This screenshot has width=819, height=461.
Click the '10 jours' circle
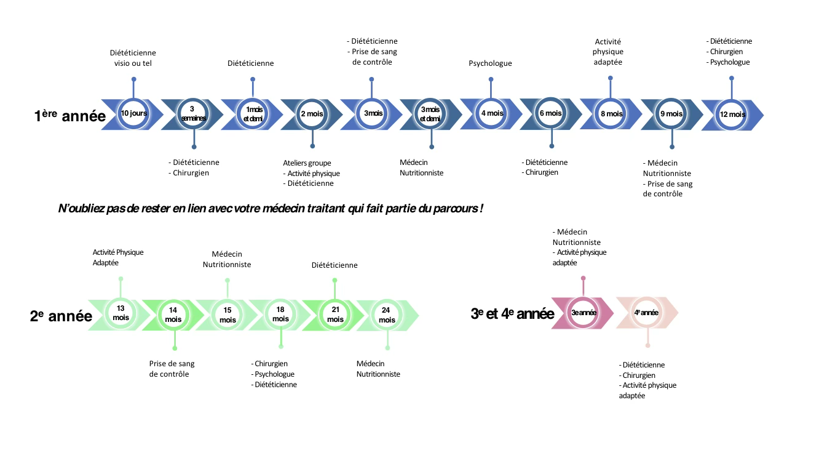pyautogui.click(x=133, y=113)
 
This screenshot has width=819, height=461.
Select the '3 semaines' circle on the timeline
pyautogui.click(x=193, y=113)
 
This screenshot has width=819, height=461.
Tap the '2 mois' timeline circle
pyautogui.click(x=312, y=114)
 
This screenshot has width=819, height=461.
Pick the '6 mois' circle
pyautogui.click(x=550, y=113)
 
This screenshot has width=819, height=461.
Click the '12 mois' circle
pyautogui.click(x=732, y=114)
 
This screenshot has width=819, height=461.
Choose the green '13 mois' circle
pyautogui.click(x=121, y=313)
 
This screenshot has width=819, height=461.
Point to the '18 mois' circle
pyautogui.click(x=280, y=315)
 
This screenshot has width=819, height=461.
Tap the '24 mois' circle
pyautogui.click(x=387, y=315)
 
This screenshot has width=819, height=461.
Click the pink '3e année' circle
pyautogui.click(x=584, y=313)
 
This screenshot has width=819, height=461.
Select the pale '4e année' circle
pyautogui.click(x=646, y=313)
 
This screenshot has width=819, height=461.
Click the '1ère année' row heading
pyautogui.click(x=70, y=115)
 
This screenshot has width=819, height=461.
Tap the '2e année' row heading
pyautogui.click(x=61, y=316)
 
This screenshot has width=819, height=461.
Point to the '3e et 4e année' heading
pyautogui.click(x=512, y=313)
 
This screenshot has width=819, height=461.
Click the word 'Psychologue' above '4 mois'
pyautogui.click(x=490, y=63)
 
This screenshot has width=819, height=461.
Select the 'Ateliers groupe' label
pyautogui.click(x=307, y=163)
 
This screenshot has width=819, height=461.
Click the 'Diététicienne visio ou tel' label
pyautogui.click(x=133, y=58)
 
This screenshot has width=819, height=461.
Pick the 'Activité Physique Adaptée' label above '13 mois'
pyautogui.click(x=118, y=257)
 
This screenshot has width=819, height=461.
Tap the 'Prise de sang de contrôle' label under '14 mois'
pyautogui.click(x=172, y=369)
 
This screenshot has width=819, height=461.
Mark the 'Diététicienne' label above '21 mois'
pyautogui.click(x=334, y=265)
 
